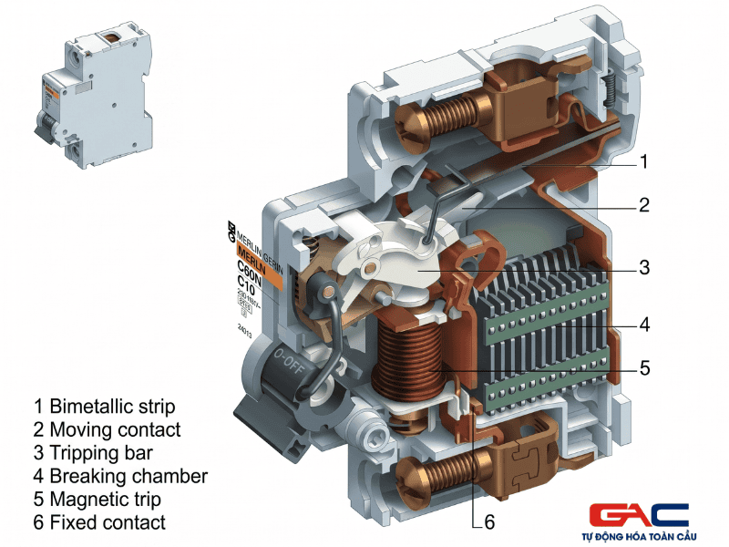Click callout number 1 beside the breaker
pyautogui.click(x=643, y=162)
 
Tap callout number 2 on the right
pyautogui.click(x=643, y=205)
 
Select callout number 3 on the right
pyautogui.click(x=643, y=268)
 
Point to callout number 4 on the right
pyautogui.click(x=643, y=324)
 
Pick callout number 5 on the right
pyautogui.click(x=643, y=369)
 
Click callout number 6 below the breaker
pyautogui.click(x=488, y=523)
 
